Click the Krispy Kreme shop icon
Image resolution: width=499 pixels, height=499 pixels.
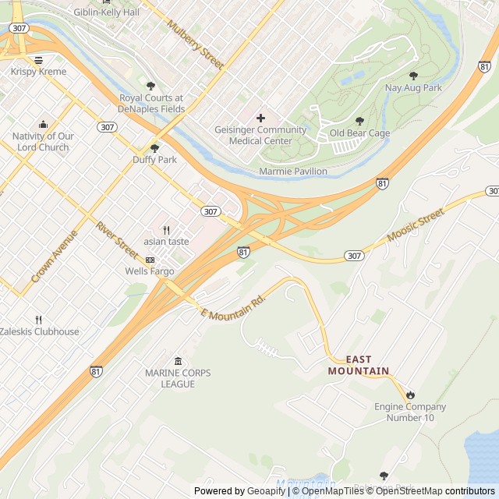[38, 60]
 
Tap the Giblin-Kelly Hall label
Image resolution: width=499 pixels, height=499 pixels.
[106, 12]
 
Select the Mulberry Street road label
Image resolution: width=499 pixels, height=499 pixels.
[196, 45]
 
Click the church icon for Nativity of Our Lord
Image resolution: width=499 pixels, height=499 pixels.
[43, 125]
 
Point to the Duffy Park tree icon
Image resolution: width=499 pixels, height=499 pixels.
[154, 147]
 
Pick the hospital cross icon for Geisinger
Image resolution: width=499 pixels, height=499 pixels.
[260, 118]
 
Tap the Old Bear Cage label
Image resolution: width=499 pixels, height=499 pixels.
[359, 133]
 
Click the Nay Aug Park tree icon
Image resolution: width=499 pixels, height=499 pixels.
[413, 76]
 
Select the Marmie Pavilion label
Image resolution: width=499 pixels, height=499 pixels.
[293, 171]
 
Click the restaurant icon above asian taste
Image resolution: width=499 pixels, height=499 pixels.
[166, 230]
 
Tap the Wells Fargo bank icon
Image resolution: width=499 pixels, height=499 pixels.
[150, 260]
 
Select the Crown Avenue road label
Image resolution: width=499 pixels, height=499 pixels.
[55, 257]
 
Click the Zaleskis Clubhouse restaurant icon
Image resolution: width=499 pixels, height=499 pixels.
[38, 320]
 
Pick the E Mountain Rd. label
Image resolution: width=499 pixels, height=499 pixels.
[233, 306]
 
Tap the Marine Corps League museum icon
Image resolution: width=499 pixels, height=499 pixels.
[178, 361]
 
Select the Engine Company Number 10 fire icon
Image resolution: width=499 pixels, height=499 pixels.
[410, 395]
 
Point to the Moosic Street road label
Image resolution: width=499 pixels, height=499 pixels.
[416, 225]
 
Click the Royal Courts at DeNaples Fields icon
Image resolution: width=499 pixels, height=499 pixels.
[150, 86]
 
